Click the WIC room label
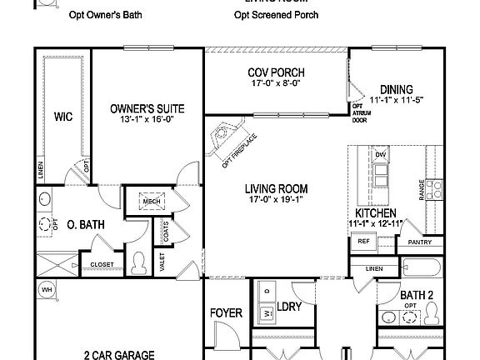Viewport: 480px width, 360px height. point(62,117)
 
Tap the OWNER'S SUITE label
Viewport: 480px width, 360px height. point(147,108)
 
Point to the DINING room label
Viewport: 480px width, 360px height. point(397,90)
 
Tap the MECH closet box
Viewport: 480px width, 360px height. point(151,201)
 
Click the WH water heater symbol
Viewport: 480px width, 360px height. point(46,289)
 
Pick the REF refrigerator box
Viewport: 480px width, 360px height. point(363,241)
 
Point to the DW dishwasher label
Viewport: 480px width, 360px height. point(381,156)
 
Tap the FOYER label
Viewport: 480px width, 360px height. point(226,313)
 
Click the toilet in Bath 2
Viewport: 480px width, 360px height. point(432,313)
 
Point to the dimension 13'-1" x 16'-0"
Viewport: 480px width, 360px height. point(147,119)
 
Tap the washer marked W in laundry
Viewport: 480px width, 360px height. point(267,315)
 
